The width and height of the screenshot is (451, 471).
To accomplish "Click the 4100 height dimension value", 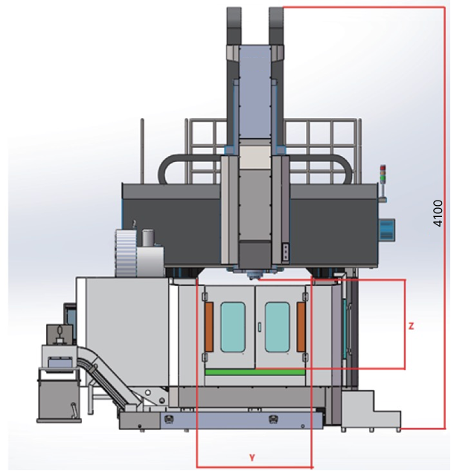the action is tap(438, 213).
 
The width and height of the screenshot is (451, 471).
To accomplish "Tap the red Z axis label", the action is tap(411, 326).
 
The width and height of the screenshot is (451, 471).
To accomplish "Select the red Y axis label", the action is tap(252, 458).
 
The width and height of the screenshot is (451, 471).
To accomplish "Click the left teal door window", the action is tap(233, 327).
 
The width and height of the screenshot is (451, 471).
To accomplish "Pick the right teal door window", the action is tap(277, 327).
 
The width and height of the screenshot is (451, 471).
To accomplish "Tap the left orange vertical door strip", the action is tap(209, 327).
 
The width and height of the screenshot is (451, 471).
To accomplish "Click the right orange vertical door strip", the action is tap(301, 327).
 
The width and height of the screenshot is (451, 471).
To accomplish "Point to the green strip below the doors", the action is tap(255, 372).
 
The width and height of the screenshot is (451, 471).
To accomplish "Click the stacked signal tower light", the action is tap(383, 174).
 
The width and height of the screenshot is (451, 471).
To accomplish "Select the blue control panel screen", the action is tap(387, 230).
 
